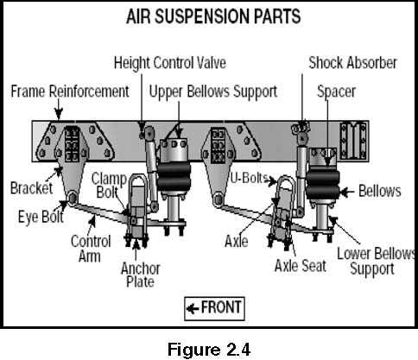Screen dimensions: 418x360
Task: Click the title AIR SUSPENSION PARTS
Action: pos(213,16)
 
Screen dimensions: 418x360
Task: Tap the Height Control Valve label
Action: pos(170,63)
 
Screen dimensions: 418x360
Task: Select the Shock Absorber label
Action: pos(352,63)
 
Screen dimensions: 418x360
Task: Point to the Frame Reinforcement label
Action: pos(70,92)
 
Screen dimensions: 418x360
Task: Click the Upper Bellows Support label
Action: pos(213,92)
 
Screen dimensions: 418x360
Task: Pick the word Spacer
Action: pos(336,92)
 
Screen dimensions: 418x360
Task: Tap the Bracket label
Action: pos(32,188)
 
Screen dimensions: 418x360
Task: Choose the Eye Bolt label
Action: pos(41,217)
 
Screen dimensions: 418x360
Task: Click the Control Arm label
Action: pos(91,249)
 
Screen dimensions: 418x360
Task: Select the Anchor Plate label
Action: pos(141,275)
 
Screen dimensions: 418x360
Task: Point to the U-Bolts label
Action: pos(250,178)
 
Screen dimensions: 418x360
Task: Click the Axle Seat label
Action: pos(301,266)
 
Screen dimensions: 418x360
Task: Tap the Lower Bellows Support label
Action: pos(376,262)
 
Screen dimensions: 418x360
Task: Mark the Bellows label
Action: pos(380,191)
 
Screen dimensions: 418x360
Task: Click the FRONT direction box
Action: pos(214,309)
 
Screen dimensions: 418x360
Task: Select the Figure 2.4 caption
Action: pos(209,350)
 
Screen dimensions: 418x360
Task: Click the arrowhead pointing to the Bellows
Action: pos(344,192)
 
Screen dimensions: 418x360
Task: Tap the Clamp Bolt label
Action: pos(109,186)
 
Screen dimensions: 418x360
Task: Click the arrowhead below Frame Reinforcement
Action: pos(59,115)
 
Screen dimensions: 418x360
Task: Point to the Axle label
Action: pos(237,241)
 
